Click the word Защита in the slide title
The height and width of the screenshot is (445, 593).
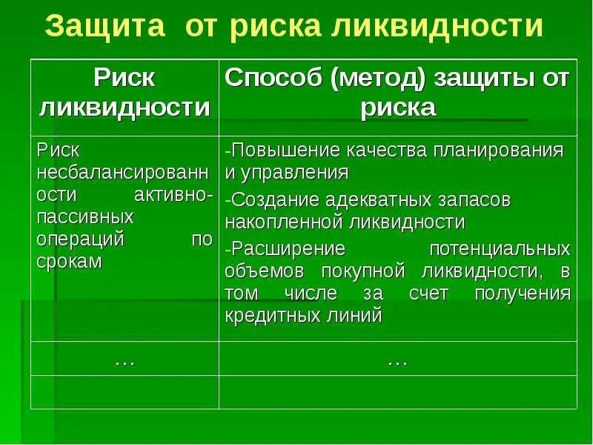(102, 27)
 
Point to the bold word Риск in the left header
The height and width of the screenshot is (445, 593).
(124, 79)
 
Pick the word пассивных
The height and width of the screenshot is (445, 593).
(85, 217)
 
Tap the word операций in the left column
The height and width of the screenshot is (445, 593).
(79, 240)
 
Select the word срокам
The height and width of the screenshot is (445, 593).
(69, 263)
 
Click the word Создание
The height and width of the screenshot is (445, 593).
(274, 200)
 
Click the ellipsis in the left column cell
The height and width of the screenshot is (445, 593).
(124, 361)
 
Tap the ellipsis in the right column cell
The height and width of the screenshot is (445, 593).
(397, 361)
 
